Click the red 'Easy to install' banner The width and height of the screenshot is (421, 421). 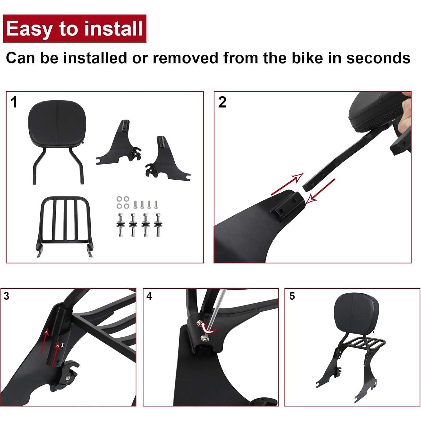click(x=74, y=28)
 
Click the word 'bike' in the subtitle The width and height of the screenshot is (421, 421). click(x=307, y=58)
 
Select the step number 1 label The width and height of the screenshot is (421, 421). click(x=14, y=102)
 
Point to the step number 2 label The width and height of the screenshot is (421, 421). click(x=222, y=102)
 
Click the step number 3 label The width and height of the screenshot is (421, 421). click(x=6, y=296)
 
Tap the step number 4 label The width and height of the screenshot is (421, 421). click(x=149, y=296)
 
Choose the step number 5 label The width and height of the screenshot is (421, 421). click(x=292, y=296)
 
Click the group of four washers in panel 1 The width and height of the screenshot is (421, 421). click(x=123, y=202)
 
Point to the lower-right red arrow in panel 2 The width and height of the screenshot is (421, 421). click(x=320, y=191)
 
